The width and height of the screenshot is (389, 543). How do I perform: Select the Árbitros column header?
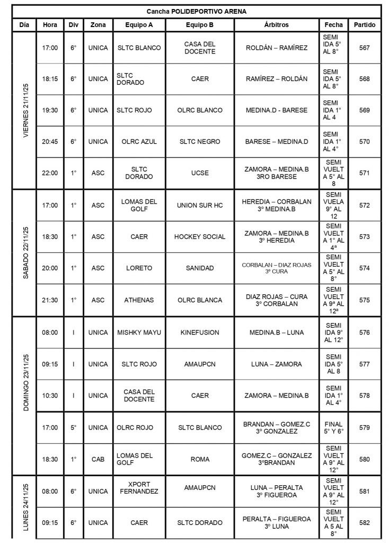(x=277, y=25)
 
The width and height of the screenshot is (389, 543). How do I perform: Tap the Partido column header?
(x=365, y=25)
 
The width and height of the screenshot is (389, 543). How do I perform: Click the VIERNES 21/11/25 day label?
(x=25, y=110)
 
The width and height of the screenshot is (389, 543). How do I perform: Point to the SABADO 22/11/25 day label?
(x=25, y=252)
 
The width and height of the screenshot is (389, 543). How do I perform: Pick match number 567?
(x=364, y=48)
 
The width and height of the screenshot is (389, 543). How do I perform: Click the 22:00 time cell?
(x=50, y=173)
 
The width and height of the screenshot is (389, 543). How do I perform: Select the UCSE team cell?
(x=199, y=173)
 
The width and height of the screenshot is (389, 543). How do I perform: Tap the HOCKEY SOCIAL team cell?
(x=199, y=237)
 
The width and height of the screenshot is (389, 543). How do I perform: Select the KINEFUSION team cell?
(x=199, y=333)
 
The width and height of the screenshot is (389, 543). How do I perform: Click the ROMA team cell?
(x=199, y=459)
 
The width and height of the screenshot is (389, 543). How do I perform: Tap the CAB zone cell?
(x=98, y=459)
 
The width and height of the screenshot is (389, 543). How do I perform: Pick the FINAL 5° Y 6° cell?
(x=333, y=427)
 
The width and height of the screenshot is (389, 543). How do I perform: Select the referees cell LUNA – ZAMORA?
(x=277, y=364)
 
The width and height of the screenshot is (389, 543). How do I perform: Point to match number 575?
(x=364, y=300)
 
